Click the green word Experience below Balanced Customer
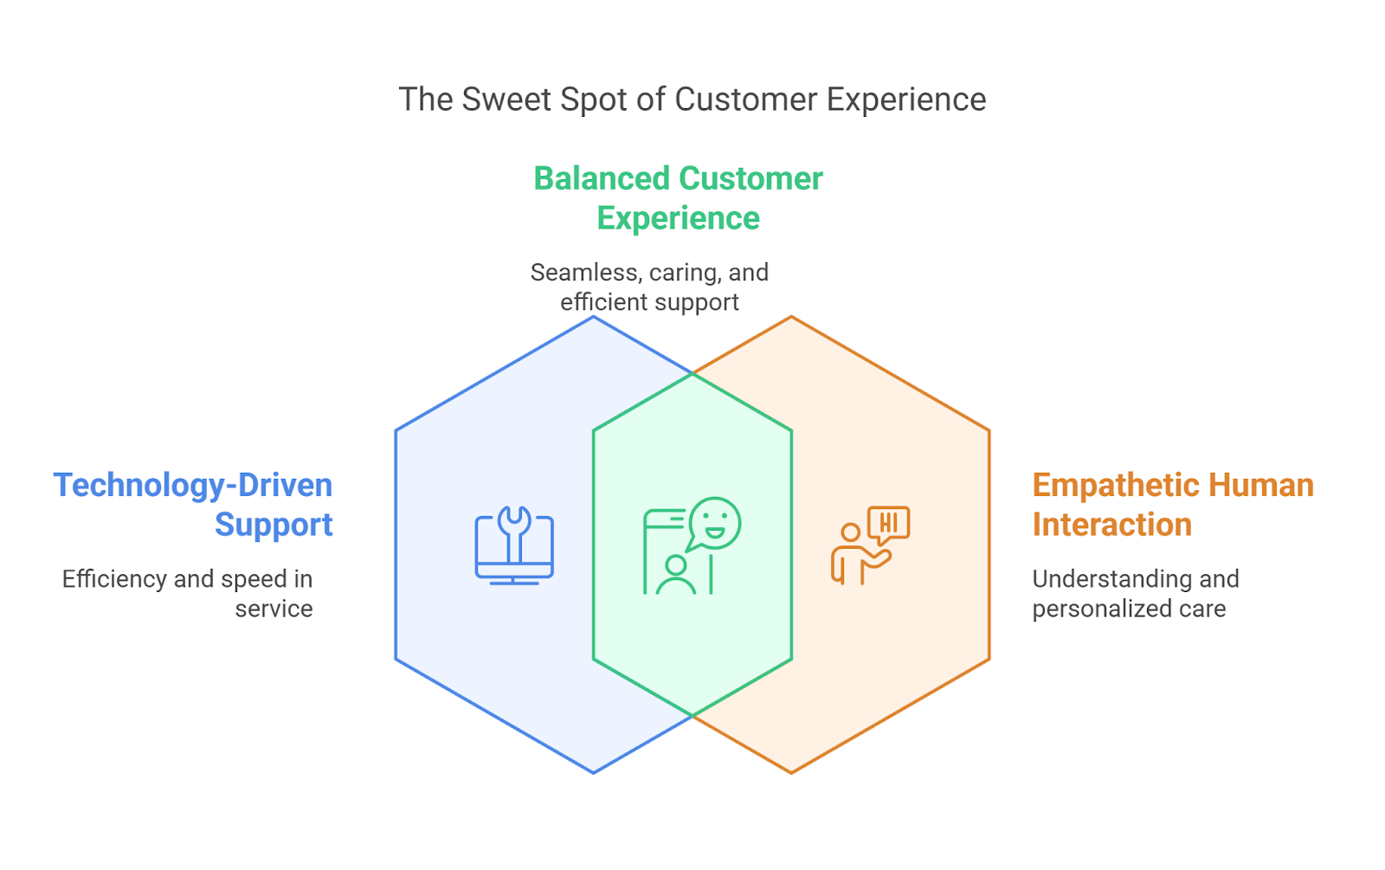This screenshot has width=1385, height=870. [678, 218]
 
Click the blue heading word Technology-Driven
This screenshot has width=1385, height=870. [193, 486]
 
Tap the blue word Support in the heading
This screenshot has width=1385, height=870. [274, 525]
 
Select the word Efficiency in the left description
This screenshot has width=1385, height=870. [114, 579]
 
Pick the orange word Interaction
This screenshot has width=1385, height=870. [1111, 525]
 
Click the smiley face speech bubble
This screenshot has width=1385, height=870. [714, 524]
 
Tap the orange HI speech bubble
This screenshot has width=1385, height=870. [888, 523]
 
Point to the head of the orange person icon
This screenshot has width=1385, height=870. [851, 532]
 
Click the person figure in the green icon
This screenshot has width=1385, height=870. [675, 577]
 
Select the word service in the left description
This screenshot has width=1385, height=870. [274, 609]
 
